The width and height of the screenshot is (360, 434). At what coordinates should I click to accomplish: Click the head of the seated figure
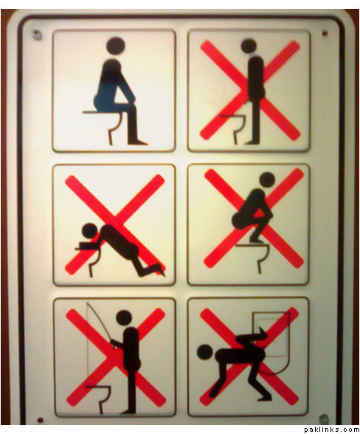tap(116, 46)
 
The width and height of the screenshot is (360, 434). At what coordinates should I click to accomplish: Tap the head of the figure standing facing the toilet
tap(249, 46)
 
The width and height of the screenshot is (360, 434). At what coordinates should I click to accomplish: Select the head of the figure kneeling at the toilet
tap(90, 231)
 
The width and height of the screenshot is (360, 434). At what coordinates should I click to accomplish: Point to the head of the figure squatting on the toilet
tap(267, 180)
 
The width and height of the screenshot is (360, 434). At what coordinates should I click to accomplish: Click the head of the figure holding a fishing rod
tap(124, 317)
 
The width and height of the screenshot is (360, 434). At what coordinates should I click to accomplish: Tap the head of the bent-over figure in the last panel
tap(206, 352)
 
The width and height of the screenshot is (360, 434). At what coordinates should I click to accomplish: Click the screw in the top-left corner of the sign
tap(37, 35)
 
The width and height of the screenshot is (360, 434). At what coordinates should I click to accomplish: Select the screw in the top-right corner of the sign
tap(325, 33)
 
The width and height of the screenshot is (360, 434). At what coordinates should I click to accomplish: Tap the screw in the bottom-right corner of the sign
tap(323, 418)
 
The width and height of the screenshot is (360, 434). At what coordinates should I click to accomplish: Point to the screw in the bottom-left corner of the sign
tap(41, 420)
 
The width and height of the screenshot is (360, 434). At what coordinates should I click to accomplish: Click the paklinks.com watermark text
tap(331, 430)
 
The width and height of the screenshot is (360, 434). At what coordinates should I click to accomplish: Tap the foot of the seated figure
tap(138, 142)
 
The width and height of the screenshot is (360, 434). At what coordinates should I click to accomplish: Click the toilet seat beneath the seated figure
tap(97, 112)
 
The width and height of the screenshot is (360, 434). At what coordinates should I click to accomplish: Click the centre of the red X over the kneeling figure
tap(115, 224)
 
